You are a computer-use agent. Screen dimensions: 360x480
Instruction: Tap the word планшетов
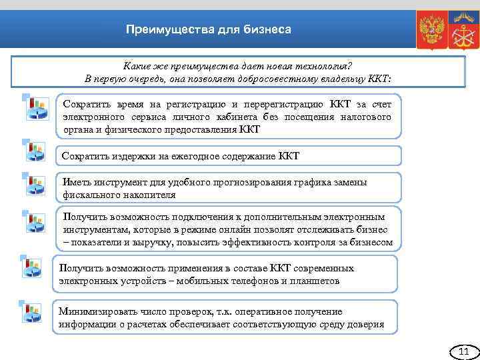tap(314, 281)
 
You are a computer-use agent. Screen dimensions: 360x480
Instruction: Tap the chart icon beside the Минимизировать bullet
tap(33, 313)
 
